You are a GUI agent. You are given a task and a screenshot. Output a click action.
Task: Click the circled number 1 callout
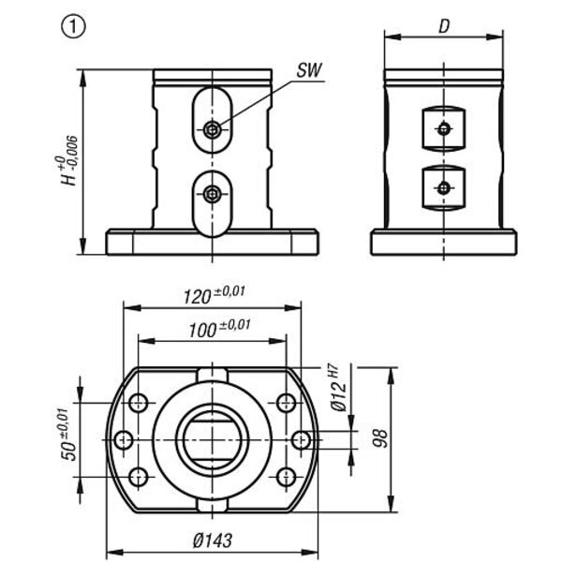point(73,25)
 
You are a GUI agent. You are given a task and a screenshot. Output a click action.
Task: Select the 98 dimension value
point(380,438)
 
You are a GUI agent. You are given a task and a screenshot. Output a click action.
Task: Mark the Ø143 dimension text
point(214,540)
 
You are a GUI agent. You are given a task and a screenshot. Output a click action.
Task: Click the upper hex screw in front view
point(214,130)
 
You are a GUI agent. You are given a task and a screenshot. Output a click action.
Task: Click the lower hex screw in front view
point(214,196)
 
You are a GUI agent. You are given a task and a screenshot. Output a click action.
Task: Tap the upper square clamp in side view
point(442,128)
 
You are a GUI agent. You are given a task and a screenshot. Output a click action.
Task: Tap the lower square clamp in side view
point(442,185)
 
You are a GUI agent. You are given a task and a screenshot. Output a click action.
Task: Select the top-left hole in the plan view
point(139,404)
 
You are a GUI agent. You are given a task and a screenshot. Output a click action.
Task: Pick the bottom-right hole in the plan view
point(288,477)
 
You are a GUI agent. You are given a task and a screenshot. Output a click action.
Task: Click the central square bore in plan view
point(214,439)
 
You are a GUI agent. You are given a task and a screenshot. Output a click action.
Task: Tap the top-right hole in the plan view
point(288,404)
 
